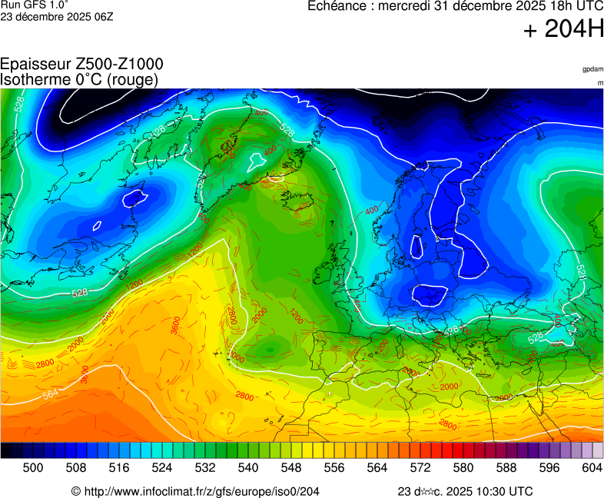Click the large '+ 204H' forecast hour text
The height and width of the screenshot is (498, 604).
(563, 29)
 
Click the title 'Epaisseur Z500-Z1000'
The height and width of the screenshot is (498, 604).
(81, 65)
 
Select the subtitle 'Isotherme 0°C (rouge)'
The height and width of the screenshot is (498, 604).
(80, 79)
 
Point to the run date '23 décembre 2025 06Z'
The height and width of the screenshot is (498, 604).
(57, 16)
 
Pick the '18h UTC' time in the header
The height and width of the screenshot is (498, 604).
(569, 6)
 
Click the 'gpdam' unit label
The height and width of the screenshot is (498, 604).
(592, 69)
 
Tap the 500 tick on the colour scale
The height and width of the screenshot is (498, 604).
(32, 468)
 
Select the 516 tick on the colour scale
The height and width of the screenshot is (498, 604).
(118, 468)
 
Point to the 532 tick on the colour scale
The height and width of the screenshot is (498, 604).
(204, 468)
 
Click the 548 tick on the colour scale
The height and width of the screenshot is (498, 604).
(290, 468)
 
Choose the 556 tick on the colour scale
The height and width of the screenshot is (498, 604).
(334, 468)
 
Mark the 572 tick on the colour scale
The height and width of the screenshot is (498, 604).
(420, 468)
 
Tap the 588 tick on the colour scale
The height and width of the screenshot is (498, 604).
(506, 468)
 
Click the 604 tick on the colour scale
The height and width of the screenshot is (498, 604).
(591, 468)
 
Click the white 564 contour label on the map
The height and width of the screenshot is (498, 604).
(51, 393)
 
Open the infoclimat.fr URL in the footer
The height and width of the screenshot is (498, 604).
(201, 491)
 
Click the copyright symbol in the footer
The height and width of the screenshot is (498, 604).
(76, 491)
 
